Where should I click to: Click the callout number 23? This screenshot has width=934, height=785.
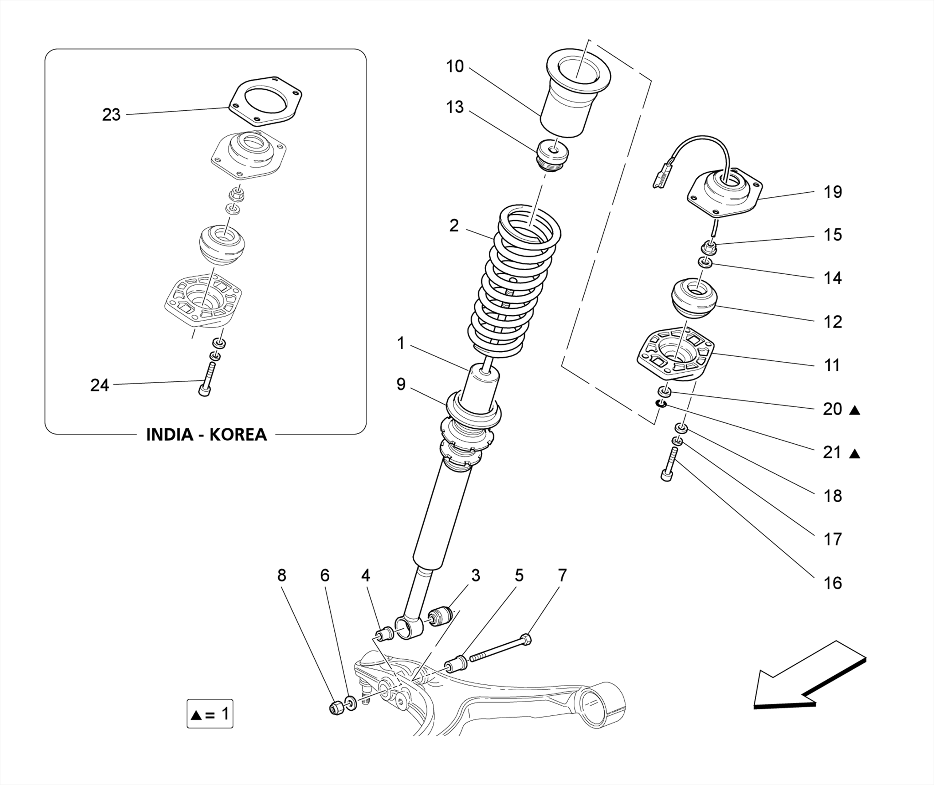(x=111, y=115)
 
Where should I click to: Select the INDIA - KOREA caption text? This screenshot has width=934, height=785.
(x=206, y=435)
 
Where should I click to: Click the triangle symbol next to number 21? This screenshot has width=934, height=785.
(x=855, y=453)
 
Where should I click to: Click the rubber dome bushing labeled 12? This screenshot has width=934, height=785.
(x=694, y=298)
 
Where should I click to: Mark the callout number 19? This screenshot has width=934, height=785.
(x=832, y=192)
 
